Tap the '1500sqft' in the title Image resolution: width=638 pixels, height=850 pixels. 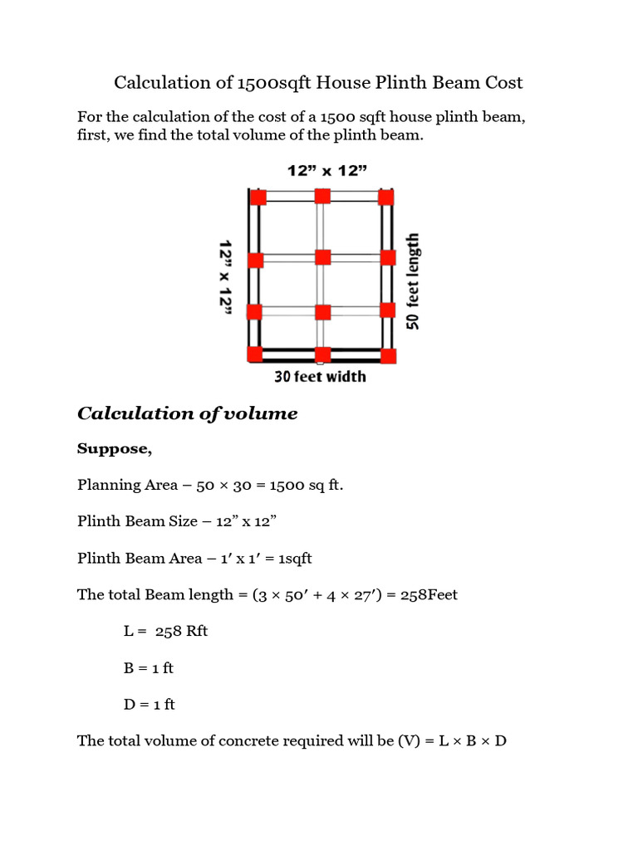(275, 82)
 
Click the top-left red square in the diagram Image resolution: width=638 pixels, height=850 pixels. (258, 197)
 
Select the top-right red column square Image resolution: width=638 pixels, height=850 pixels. (385, 197)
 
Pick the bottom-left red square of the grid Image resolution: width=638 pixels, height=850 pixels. (255, 354)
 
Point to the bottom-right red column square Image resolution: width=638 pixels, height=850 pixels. (388, 355)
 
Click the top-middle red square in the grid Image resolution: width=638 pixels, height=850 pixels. (322, 196)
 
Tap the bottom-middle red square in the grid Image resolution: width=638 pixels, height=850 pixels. (322, 354)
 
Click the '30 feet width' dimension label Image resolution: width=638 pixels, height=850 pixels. (320, 377)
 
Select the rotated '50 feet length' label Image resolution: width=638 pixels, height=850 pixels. (413, 281)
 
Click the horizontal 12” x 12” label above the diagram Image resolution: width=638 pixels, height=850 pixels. (328, 171)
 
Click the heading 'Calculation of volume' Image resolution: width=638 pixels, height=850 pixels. (187, 413)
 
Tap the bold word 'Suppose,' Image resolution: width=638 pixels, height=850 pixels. (115, 448)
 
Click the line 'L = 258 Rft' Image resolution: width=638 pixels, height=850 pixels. (165, 631)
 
